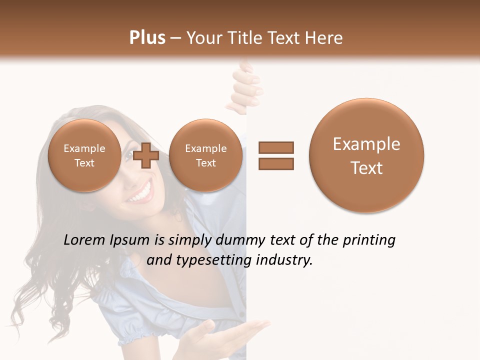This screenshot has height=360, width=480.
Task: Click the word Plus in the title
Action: click(x=147, y=38)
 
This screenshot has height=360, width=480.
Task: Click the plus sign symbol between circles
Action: click(x=146, y=155)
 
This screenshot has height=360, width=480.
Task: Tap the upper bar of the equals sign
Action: click(x=276, y=147)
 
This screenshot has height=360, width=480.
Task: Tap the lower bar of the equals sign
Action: click(x=276, y=163)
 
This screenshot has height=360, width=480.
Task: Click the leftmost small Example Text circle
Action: click(x=84, y=155)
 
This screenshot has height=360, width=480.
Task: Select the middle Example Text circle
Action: click(x=205, y=155)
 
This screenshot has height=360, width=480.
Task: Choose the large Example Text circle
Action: click(x=366, y=155)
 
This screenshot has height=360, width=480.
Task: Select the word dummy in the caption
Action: click(x=240, y=240)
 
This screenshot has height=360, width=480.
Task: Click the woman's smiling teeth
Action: click(x=141, y=192)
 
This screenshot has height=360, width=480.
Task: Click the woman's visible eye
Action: click(x=127, y=155)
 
